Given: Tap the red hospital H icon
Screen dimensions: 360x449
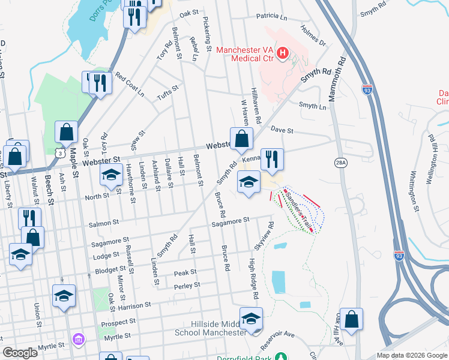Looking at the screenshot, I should point(283,55).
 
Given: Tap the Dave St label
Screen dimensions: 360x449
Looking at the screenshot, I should point(282,130).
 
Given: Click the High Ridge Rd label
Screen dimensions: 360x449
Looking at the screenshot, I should point(253,279).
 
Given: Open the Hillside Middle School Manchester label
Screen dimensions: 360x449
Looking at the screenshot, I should point(210,328).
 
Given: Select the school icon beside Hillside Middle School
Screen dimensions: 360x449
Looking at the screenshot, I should point(252,318).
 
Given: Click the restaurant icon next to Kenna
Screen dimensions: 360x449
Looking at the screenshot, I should point(272,158).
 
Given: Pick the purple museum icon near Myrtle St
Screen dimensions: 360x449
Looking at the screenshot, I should point(78,340).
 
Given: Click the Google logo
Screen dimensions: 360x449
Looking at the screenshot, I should point(20,353).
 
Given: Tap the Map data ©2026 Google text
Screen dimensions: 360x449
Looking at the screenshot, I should point(411,355).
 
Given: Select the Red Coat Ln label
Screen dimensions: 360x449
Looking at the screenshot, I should point(130,85).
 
